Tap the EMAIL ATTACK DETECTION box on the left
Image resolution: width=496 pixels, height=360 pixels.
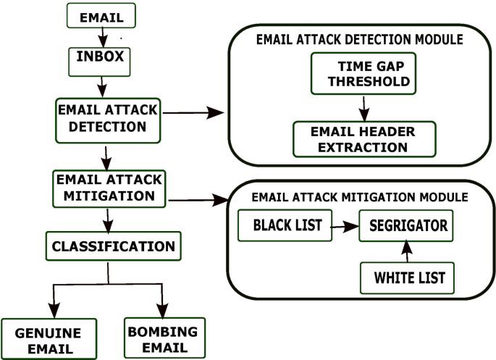point(107,117)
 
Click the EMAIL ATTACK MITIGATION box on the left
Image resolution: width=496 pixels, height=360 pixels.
point(107,188)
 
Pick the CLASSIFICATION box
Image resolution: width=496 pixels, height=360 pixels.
point(112,246)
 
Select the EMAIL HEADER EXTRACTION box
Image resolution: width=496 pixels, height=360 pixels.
point(363,138)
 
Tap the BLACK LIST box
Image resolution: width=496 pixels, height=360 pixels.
point(283,226)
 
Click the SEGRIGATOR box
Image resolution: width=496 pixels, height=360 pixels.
point(408,226)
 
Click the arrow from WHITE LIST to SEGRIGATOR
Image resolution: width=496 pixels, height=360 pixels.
point(407,251)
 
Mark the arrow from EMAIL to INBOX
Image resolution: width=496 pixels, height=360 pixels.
point(103,35)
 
